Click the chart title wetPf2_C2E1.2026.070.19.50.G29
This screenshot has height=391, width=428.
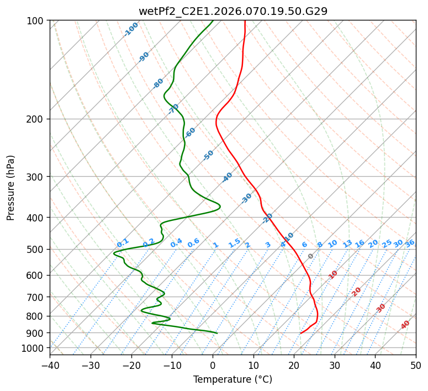(233, 11)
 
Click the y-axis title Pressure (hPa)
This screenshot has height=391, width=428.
(10, 187)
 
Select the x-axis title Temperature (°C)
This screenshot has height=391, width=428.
(233, 379)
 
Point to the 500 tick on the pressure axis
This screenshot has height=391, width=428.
(35, 250)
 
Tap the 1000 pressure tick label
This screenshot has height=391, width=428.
(33, 348)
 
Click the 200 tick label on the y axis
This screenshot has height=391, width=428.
(35, 119)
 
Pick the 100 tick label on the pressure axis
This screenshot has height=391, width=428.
(35, 21)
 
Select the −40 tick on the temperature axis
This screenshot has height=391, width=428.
(50, 365)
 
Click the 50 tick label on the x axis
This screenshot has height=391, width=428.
(416, 365)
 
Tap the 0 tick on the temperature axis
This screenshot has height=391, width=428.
(213, 365)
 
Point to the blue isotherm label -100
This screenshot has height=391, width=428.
(131, 29)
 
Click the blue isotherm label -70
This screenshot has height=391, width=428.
(173, 109)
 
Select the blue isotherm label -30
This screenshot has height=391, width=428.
(246, 198)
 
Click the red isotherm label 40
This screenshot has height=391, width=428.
(405, 325)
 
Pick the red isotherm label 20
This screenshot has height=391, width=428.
(357, 291)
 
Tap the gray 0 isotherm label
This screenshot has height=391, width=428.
(311, 256)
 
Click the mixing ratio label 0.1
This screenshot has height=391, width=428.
(123, 242)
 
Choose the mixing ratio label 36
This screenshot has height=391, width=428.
(410, 243)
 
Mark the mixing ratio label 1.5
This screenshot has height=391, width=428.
(234, 242)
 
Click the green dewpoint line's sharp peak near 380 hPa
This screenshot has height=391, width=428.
(220, 207)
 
